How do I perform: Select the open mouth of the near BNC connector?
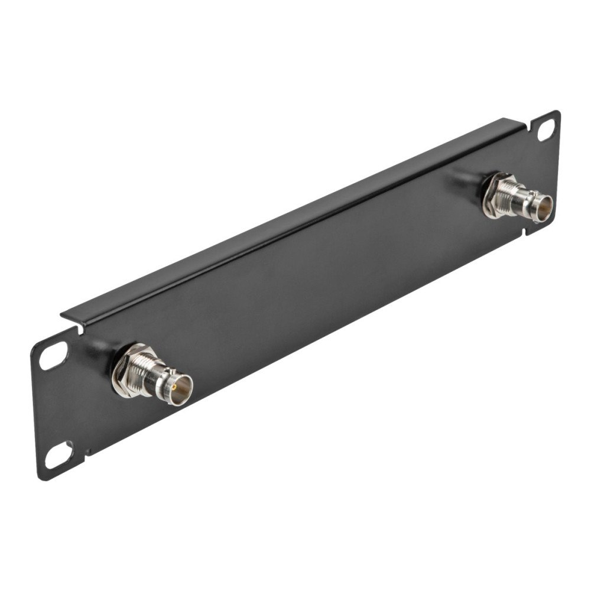coord(180,389)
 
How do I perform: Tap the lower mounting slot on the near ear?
coord(59,455)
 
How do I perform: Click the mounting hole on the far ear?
coord(546,129)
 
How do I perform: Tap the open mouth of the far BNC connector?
coord(543,209)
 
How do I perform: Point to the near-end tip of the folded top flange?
coord(64,314)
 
